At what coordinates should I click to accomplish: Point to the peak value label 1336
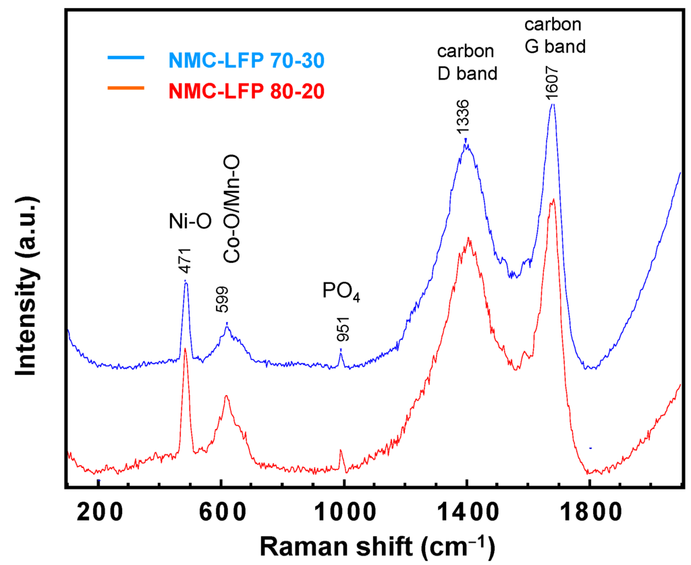pos(464,119)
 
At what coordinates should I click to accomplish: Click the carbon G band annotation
pos(553,36)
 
